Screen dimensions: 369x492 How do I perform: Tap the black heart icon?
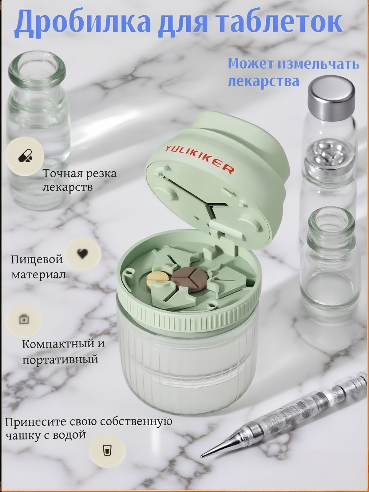point(82,253)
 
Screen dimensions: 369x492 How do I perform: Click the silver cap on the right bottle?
point(331,96)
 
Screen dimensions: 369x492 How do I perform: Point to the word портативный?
point(60,359)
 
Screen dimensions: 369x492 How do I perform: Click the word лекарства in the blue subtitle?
point(264,81)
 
